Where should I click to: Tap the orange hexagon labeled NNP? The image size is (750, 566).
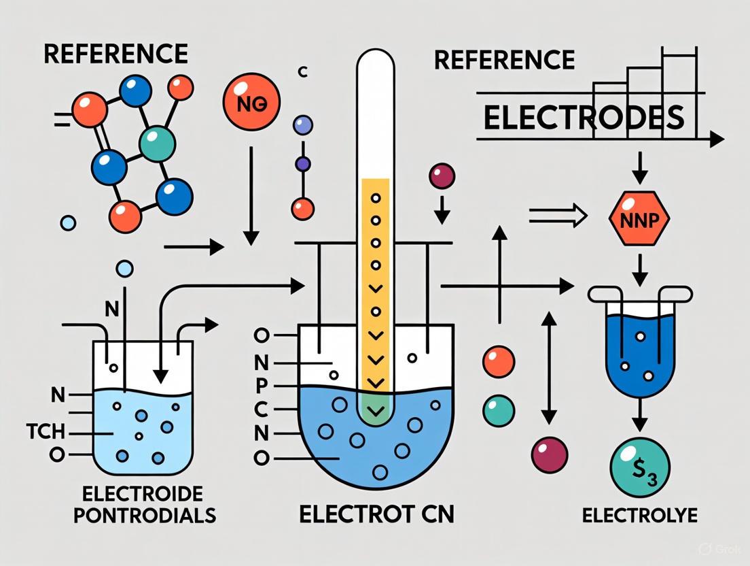(639, 219)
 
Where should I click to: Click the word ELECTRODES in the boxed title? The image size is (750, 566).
(582, 117)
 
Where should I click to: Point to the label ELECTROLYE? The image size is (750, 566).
(639, 515)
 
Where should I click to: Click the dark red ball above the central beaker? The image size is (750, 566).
(441, 177)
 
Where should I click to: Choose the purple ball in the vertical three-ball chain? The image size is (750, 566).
(303, 164)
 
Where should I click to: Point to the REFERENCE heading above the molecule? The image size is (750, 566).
(115, 54)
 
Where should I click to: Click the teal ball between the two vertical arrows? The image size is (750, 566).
(498, 410)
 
